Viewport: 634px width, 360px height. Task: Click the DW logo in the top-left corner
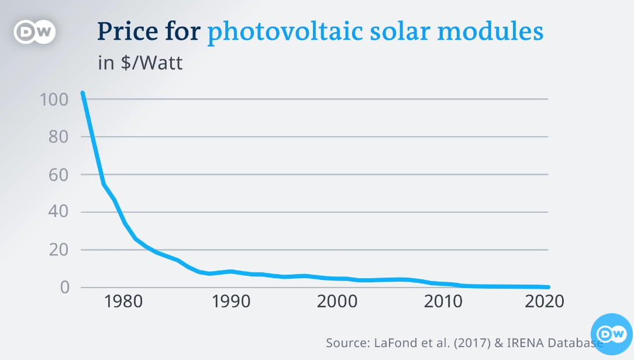(x=35, y=33)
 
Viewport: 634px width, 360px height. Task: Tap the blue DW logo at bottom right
(x=611, y=334)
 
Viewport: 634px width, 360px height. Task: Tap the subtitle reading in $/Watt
(x=140, y=63)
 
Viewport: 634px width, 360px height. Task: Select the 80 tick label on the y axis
(x=60, y=137)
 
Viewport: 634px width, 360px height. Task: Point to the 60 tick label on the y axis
(x=60, y=175)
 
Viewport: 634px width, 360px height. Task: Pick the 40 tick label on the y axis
(x=60, y=212)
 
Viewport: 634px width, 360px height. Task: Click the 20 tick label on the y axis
(x=60, y=250)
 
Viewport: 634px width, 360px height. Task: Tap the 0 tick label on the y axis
(x=65, y=288)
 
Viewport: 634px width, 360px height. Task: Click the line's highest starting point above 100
(x=82, y=93)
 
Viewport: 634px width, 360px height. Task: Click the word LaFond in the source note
(x=392, y=342)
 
